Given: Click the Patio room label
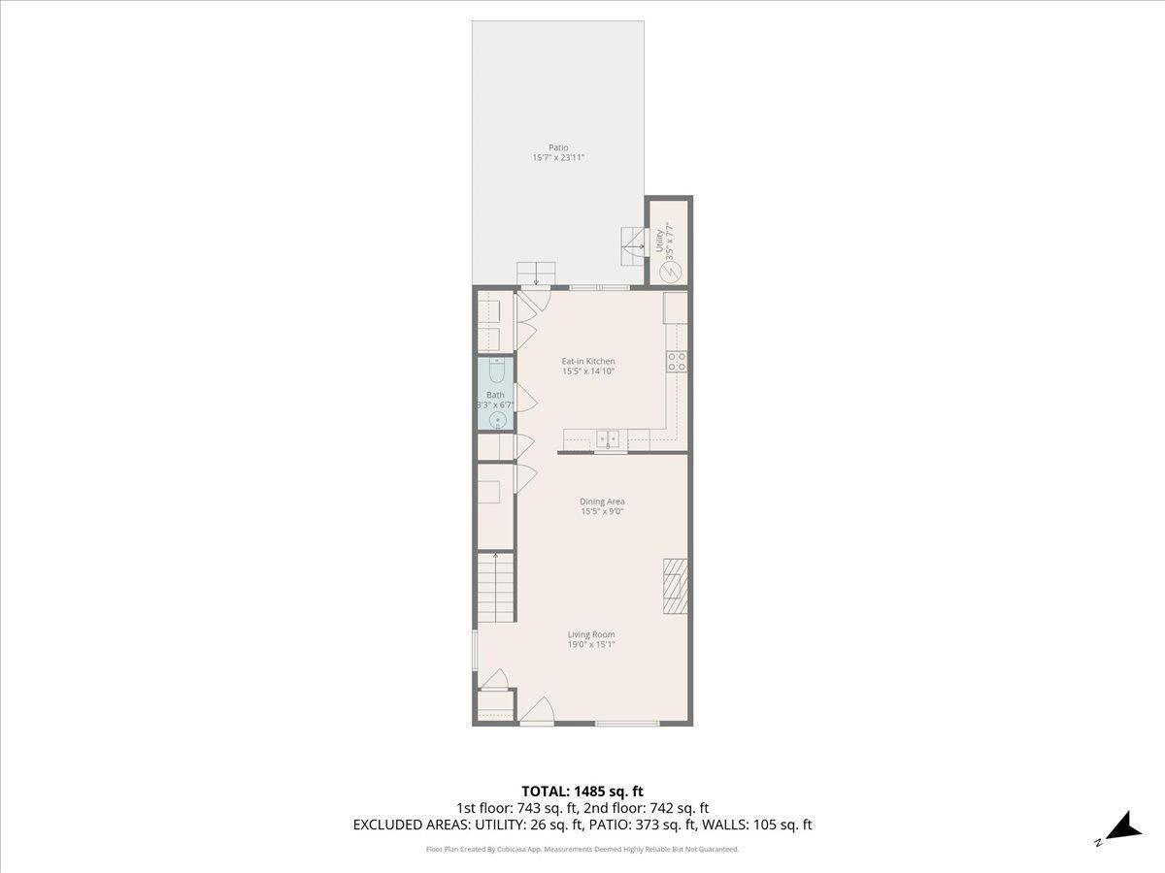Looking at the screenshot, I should pos(558,148).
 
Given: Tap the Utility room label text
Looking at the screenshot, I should pos(659,241).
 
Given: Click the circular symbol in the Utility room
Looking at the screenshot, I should pos(670,274).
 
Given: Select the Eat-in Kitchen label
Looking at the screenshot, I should pos(588,361).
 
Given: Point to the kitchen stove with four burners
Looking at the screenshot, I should pos(677,362).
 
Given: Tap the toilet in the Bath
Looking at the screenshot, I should pos(496,371).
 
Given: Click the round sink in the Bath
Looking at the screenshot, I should pos(496,419).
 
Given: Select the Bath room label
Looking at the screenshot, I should pos(495,395).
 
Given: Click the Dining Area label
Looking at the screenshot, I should pos(602,501).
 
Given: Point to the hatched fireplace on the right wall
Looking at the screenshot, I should pos(676,586).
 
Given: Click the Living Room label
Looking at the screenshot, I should pos(591,635).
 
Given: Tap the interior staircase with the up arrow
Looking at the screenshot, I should pos(495,588).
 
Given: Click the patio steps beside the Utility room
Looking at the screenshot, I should pos(634,246).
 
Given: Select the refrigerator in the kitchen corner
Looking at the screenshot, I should pos(676,307).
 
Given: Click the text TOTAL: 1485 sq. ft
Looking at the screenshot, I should pos(582,791).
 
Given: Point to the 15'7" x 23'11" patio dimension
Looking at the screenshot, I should pos(558,158).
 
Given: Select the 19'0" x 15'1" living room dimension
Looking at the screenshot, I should pos(591,644).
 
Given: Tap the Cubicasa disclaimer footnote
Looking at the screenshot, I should pos(582,849).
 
